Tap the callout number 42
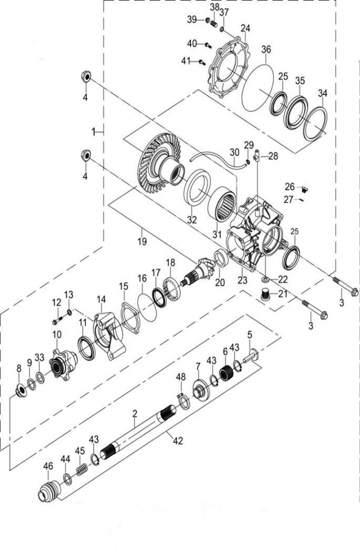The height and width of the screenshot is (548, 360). point(178,441)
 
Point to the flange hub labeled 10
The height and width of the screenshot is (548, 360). point(64,363)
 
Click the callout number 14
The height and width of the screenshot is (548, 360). point(101,299)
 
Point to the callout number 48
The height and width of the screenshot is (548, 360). point(181,377)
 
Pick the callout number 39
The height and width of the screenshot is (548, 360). point(192,19)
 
